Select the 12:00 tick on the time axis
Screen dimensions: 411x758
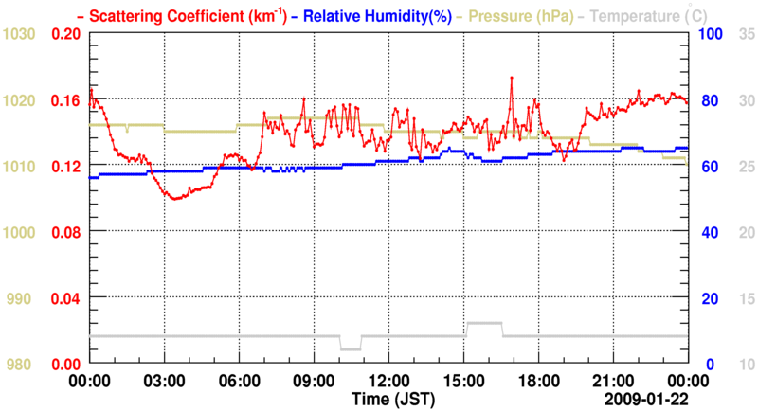pyautogui.click(x=388, y=381)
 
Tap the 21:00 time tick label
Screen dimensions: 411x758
pyautogui.click(x=611, y=381)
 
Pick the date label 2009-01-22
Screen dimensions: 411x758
pyautogui.click(x=648, y=398)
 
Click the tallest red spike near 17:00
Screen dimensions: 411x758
pyautogui.click(x=511, y=78)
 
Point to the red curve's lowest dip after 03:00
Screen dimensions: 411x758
pyautogui.click(x=173, y=198)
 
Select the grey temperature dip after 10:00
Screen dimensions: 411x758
pyautogui.click(x=351, y=348)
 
